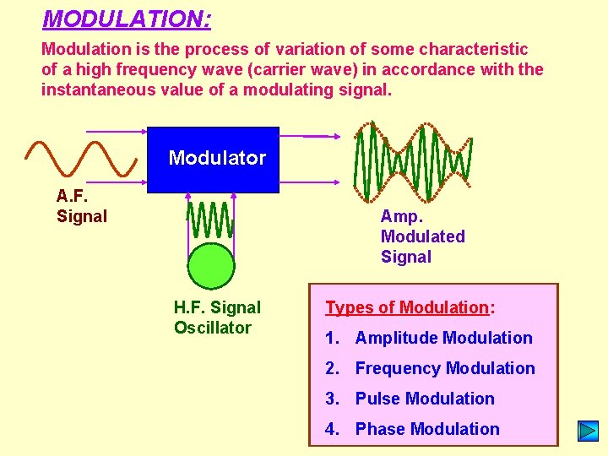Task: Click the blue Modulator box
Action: click(x=213, y=157)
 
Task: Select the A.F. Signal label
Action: click(x=82, y=206)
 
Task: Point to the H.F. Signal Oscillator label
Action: click(x=217, y=318)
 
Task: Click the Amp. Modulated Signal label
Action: click(x=422, y=236)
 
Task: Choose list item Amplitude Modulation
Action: click(x=443, y=338)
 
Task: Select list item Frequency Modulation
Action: click(x=445, y=368)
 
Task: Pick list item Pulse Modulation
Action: click(x=425, y=399)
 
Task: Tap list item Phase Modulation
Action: click(x=427, y=429)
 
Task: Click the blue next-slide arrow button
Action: click(x=588, y=431)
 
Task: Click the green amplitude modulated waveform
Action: click(x=412, y=158)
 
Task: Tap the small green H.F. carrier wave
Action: click(x=210, y=220)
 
